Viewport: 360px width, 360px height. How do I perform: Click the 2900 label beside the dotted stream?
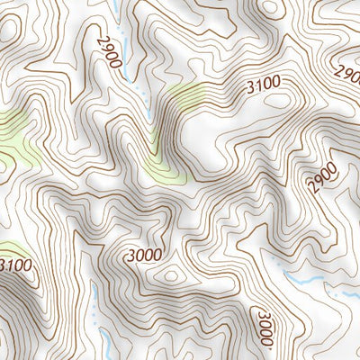[111, 49]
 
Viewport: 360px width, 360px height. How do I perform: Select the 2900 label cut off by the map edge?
[347, 72]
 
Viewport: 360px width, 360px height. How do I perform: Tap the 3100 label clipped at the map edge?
[15, 265]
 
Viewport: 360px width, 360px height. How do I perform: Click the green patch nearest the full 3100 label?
[180, 99]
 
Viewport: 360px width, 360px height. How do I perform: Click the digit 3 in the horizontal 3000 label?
[131, 255]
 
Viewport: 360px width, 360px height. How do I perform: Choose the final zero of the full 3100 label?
[275, 84]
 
